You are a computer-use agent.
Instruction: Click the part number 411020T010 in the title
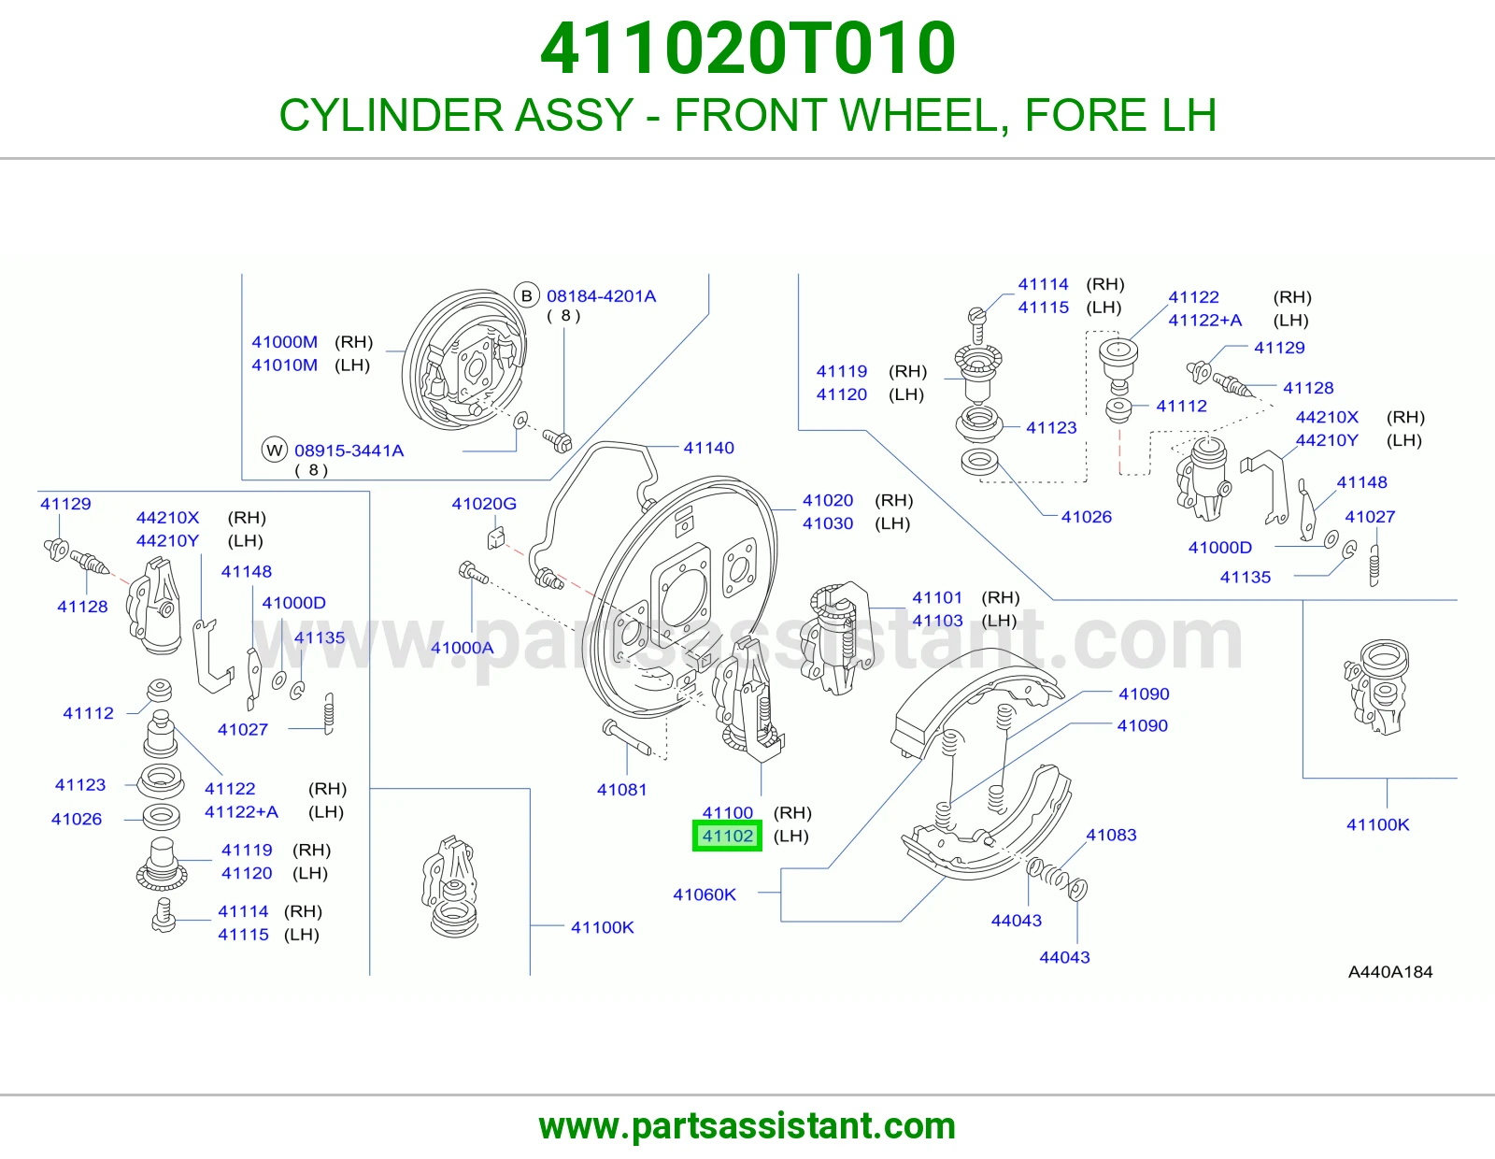[747, 49]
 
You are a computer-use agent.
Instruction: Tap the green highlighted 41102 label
[727, 837]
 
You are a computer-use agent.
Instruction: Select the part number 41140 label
[708, 448]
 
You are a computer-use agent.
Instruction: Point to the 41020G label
[484, 504]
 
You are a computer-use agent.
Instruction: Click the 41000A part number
[463, 648]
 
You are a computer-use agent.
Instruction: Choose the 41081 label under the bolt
[622, 790]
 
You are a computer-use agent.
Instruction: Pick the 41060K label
[705, 894]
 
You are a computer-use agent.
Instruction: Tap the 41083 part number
[1111, 835]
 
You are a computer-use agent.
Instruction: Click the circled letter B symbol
[526, 296]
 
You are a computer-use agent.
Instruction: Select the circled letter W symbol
[275, 451]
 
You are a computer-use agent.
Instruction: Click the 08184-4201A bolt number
[602, 296]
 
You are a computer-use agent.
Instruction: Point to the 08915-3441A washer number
[349, 451]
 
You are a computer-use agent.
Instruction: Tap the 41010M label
[285, 365]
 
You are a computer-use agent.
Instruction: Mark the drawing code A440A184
[1389, 972]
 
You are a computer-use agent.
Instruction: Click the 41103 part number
[937, 621]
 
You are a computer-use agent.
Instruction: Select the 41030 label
[828, 523]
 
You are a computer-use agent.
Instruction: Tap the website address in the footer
[747, 1126]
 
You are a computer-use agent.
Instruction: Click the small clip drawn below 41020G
[496, 538]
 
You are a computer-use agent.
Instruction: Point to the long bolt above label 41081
[626, 737]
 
